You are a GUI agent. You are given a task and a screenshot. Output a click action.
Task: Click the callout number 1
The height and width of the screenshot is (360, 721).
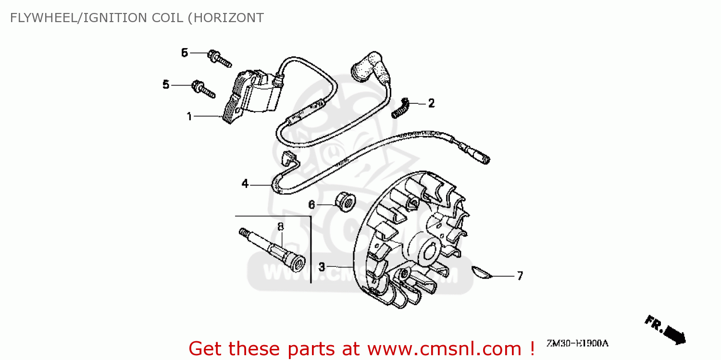click(189, 116)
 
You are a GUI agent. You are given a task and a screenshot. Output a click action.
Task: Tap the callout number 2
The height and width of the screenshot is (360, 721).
click(431, 103)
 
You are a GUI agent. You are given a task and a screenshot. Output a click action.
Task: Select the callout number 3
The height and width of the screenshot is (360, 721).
click(322, 266)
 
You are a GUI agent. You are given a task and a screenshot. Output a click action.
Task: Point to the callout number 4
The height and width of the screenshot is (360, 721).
click(245, 184)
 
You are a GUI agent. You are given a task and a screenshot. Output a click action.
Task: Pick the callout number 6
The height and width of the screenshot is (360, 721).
click(311, 205)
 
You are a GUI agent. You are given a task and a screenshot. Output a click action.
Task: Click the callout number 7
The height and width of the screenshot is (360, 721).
click(520, 276)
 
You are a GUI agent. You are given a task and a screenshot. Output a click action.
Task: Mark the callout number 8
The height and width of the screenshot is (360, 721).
click(281, 226)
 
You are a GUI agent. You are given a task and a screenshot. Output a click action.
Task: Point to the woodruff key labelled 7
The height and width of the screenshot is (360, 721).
click(482, 273)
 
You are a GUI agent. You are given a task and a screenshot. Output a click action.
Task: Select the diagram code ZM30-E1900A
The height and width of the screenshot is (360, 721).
click(577, 343)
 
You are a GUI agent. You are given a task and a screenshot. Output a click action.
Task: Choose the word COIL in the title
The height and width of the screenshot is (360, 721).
click(166, 18)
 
